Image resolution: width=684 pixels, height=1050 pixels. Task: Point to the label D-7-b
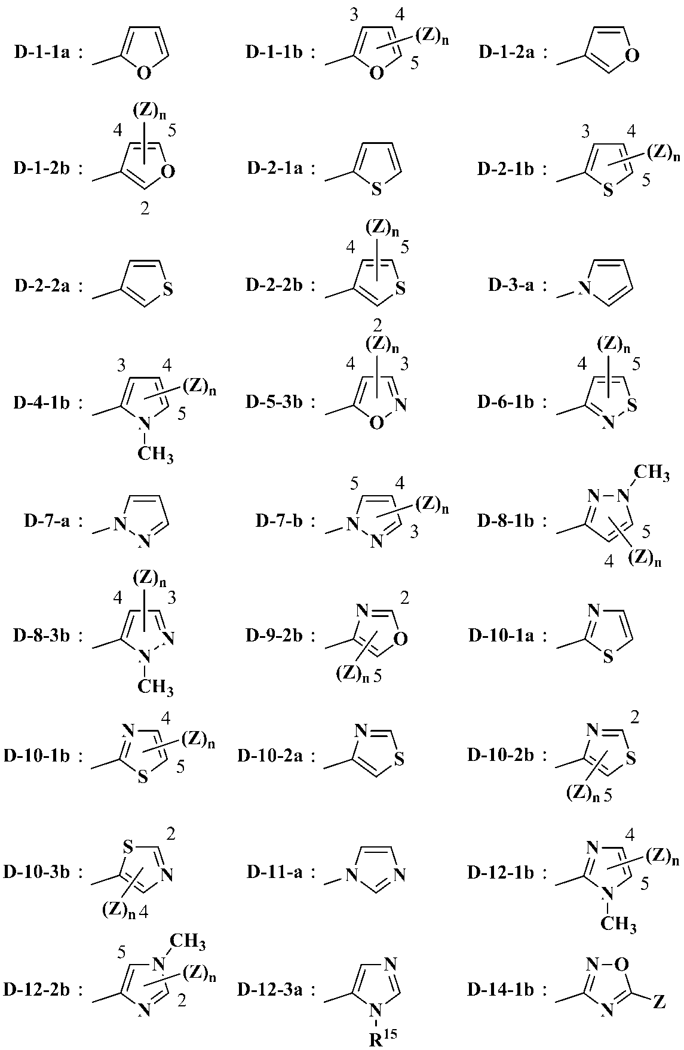[x=278, y=521]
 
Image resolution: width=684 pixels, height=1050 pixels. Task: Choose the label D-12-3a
[x=269, y=990]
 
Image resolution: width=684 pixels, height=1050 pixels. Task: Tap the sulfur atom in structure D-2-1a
[x=376, y=190]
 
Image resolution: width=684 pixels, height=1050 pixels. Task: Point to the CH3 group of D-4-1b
[x=155, y=455]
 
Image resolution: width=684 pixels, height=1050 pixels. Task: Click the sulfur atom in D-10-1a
[x=608, y=658]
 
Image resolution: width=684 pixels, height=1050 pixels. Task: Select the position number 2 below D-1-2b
[x=145, y=209]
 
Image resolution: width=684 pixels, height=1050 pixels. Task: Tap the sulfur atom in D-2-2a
[x=168, y=290]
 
